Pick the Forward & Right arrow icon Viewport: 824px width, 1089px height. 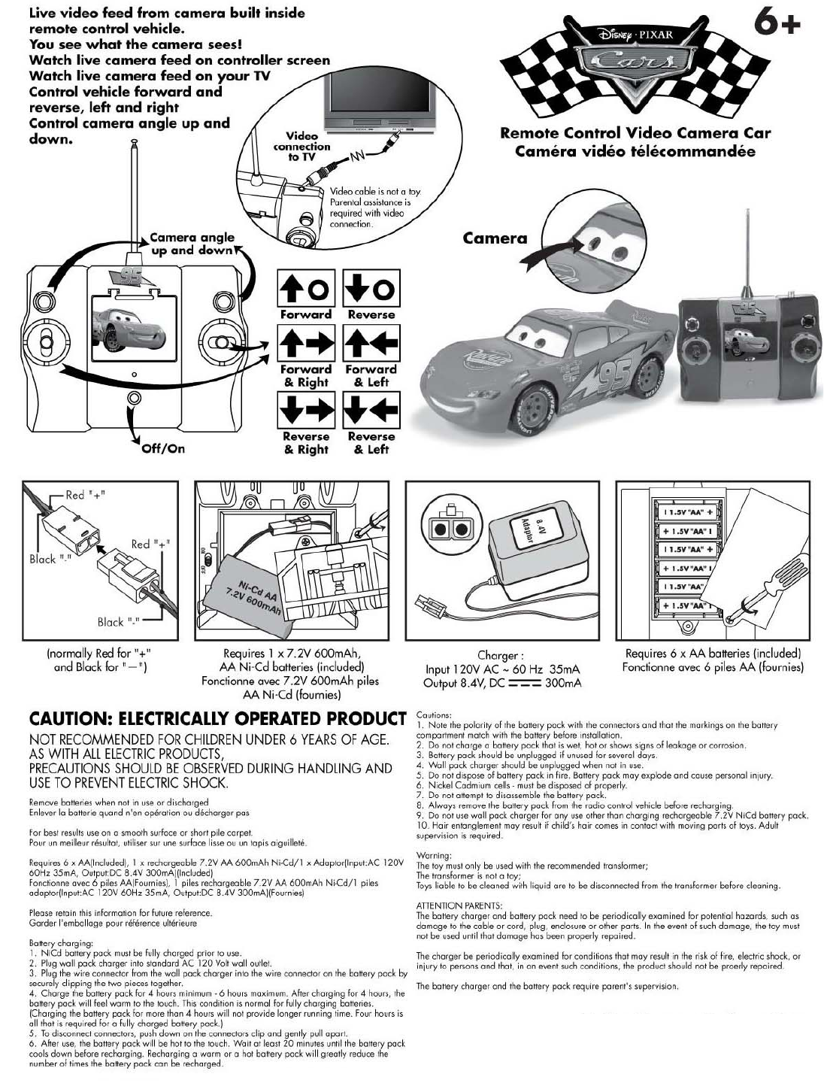(x=305, y=345)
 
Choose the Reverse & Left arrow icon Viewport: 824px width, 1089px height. (x=371, y=412)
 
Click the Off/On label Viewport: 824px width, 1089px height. (x=163, y=449)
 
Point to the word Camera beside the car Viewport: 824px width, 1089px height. (x=495, y=238)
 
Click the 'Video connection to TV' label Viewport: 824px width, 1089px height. (x=301, y=147)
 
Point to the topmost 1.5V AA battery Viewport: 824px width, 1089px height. (x=688, y=512)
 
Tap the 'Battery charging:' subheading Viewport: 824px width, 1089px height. (x=61, y=942)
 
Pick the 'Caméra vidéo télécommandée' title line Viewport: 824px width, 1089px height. (x=635, y=151)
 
